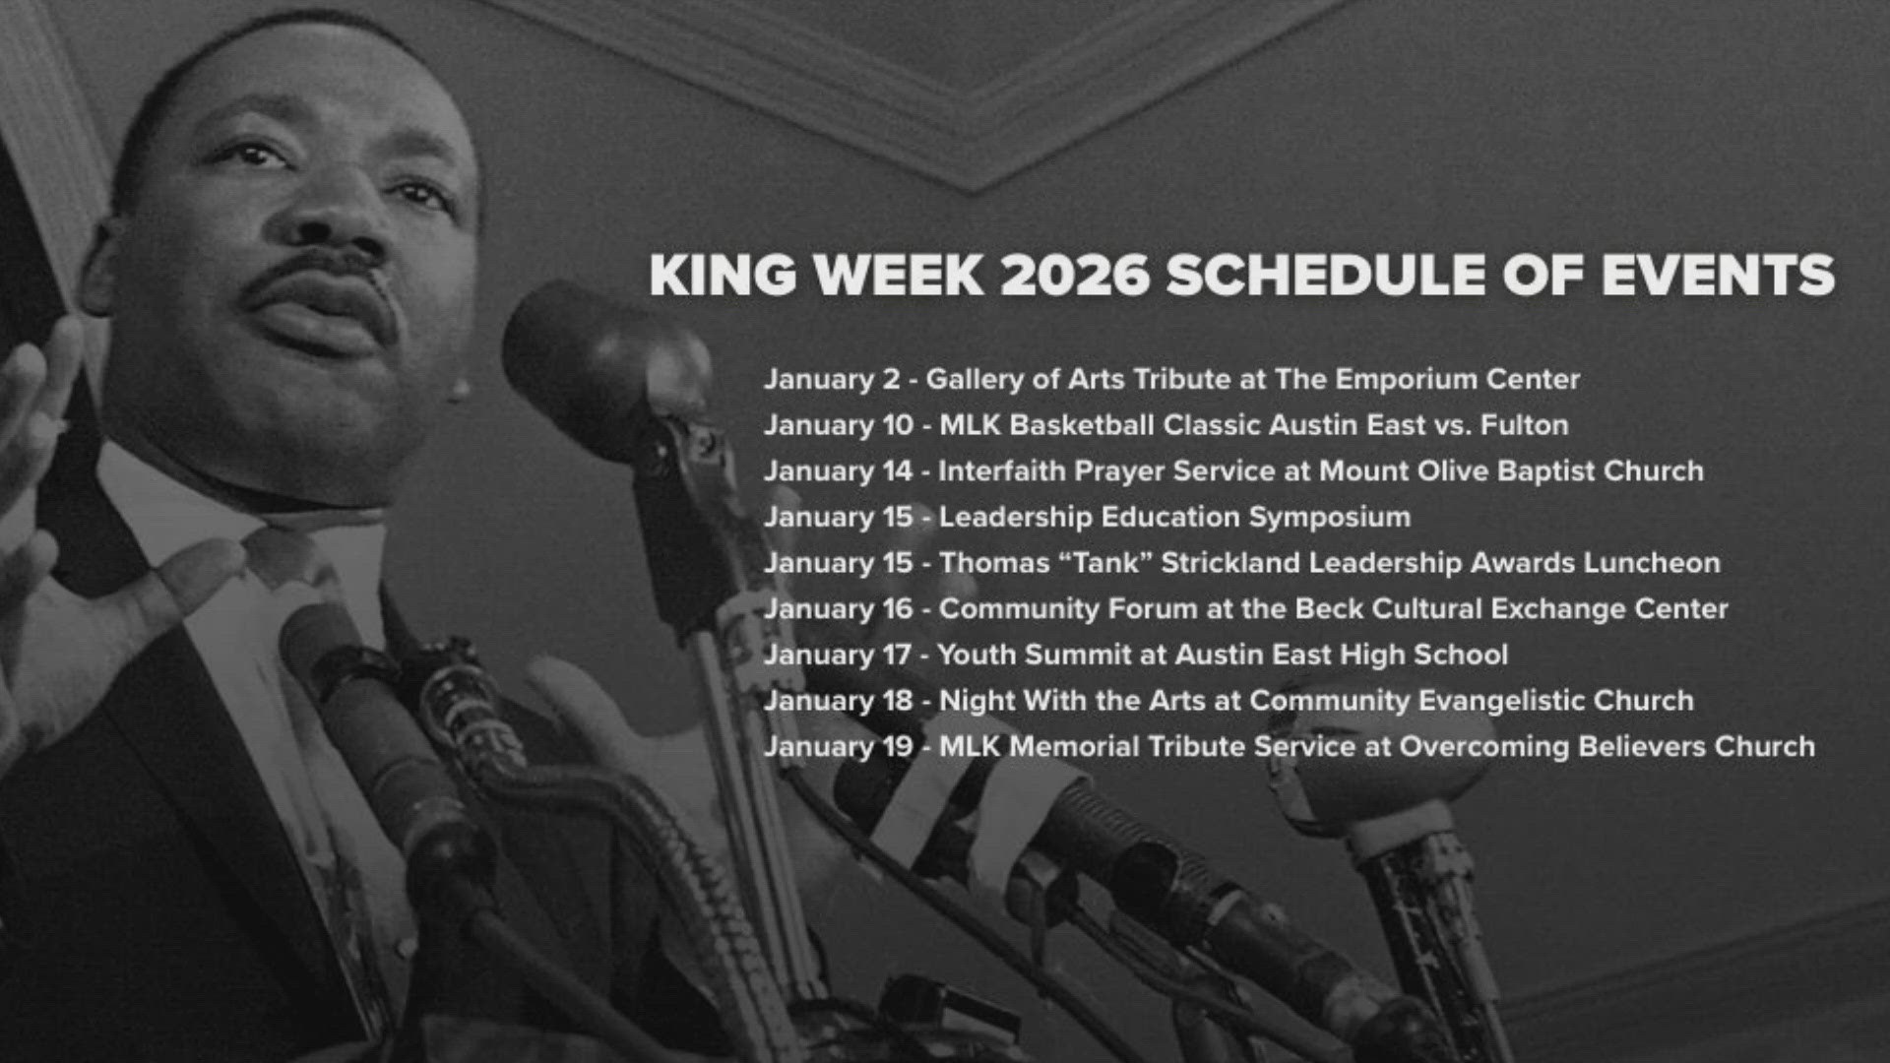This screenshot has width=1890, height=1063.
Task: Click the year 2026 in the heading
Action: pyautogui.click(x=1075, y=275)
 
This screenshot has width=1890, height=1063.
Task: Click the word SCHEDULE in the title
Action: pyautogui.click(x=1325, y=275)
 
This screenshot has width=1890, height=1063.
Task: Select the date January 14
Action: pyautogui.click(x=838, y=471)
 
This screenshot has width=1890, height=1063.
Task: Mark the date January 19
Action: pyautogui.click(x=838, y=747)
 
